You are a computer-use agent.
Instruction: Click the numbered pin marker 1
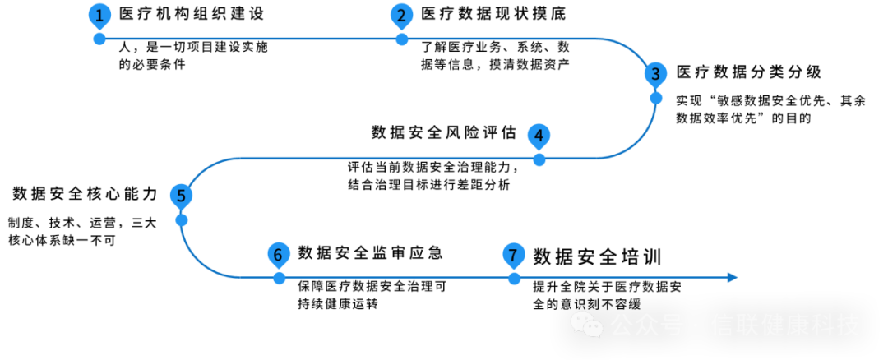point(99,16)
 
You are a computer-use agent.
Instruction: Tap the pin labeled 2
point(401,16)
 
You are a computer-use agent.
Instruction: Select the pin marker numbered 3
point(655,74)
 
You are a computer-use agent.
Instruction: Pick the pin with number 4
point(539,136)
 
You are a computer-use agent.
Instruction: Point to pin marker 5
point(181,196)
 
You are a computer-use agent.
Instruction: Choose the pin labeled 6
point(278,255)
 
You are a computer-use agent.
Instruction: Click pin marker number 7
point(514,255)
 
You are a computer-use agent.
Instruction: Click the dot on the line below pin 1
point(99,39)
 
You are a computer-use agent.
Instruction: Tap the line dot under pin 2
point(401,39)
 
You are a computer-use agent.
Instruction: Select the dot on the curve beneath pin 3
point(655,98)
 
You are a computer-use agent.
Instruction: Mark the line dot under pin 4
point(539,159)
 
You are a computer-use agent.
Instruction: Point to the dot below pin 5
point(182,219)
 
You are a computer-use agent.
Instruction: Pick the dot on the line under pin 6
point(280,279)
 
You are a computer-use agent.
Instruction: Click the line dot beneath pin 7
point(514,279)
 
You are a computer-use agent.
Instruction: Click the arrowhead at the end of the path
point(733,278)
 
